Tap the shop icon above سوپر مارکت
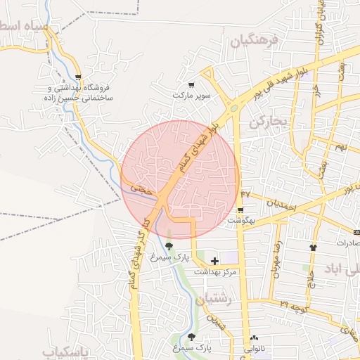pos(191,84)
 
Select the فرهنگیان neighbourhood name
pos(254,40)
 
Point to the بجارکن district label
pos(269,122)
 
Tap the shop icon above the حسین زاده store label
pos(77,78)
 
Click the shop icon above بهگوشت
pos(241,210)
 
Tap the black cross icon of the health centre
pos(214,261)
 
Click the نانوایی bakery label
pos(255,348)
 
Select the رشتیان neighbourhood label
pos(215,300)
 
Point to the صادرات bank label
pos(347,243)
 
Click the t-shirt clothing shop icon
pos(313,247)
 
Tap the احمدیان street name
pos(285,206)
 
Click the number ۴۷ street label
pos(245,193)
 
